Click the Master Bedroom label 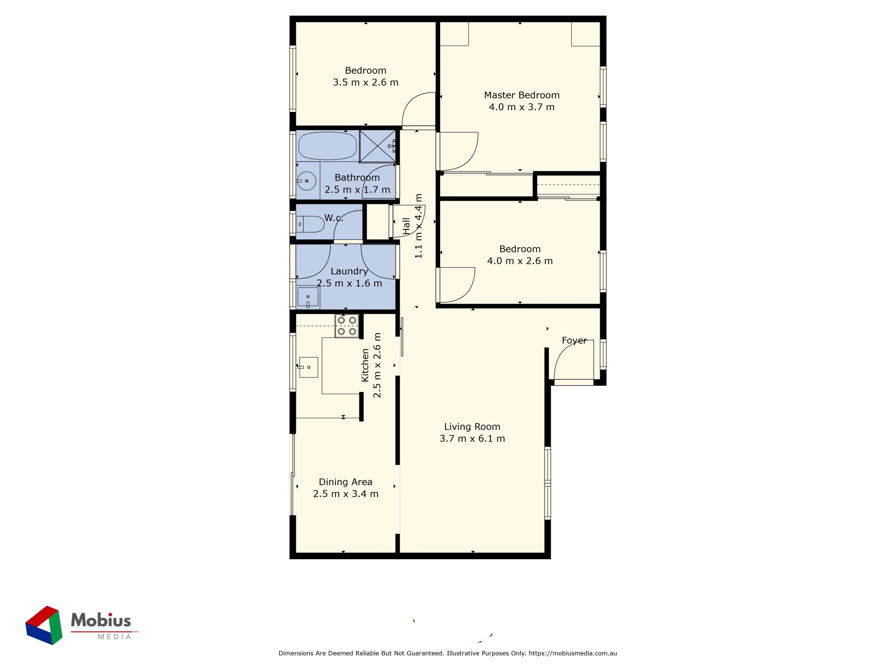coord(521,95)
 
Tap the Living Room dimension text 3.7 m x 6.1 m coord(472,439)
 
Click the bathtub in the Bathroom coord(328,146)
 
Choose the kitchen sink coord(308,367)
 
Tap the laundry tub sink coord(308,297)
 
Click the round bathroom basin coord(307,181)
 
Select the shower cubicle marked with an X coord(378,147)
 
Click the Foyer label coord(574,341)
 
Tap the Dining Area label coord(345,482)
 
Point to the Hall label coord(406,226)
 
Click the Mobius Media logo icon coord(44,625)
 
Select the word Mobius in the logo coord(101,621)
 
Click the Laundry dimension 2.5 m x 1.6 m coord(350,283)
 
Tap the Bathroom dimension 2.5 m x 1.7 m coord(357,190)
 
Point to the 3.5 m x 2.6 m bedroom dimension coord(365,83)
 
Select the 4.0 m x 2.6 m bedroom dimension coord(520,261)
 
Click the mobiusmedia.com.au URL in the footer coord(573,653)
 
